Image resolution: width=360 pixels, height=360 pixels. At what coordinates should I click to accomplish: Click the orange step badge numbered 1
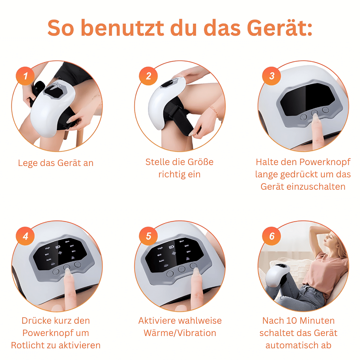pyautogui.click(x=25, y=76)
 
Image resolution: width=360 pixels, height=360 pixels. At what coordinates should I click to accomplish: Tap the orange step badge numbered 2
pyautogui.click(x=149, y=76)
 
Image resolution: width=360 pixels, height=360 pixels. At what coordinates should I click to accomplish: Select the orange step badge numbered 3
pyautogui.click(x=272, y=76)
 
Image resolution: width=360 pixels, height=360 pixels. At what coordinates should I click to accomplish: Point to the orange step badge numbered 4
pyautogui.click(x=25, y=236)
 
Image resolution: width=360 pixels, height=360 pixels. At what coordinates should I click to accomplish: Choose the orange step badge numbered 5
pyautogui.click(x=149, y=236)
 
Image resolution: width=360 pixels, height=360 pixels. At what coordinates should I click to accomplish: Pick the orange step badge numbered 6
pyautogui.click(x=272, y=236)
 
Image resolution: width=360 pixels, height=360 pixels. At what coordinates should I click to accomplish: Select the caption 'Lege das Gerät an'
pyautogui.click(x=56, y=163)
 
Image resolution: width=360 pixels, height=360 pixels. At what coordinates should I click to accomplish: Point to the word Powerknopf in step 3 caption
pyautogui.click(x=325, y=162)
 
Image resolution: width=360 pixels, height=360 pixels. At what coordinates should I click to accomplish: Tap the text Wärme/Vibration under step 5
pyautogui.click(x=180, y=333)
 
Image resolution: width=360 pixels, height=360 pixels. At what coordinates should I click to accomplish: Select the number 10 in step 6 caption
pyautogui.click(x=292, y=321)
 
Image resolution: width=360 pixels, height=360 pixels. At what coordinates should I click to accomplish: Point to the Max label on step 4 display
pyautogui.click(x=67, y=241)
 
